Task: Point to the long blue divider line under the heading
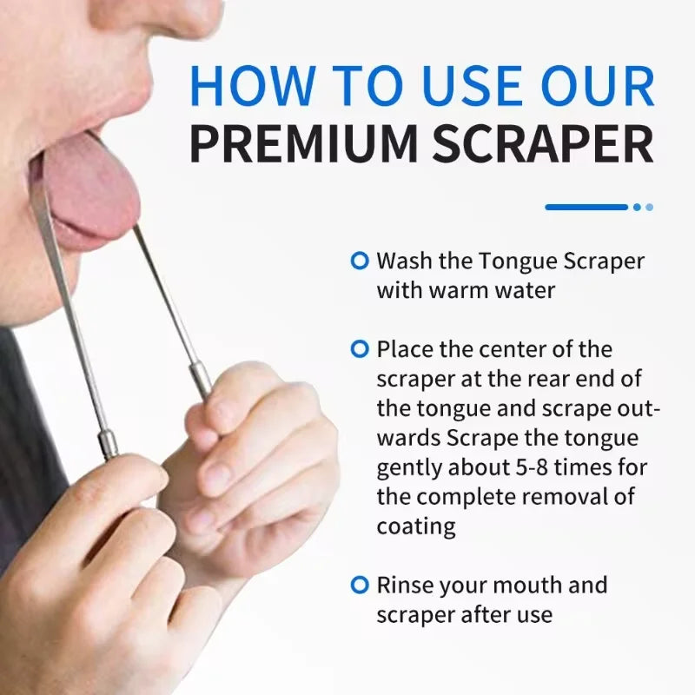pyautogui.click(x=586, y=207)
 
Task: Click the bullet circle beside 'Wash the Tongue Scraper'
pyautogui.click(x=359, y=260)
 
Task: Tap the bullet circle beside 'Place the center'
pyautogui.click(x=359, y=349)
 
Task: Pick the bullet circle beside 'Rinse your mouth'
pyautogui.click(x=359, y=585)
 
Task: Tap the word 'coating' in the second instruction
pyautogui.click(x=416, y=526)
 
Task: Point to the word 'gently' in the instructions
pyautogui.click(x=407, y=467)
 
